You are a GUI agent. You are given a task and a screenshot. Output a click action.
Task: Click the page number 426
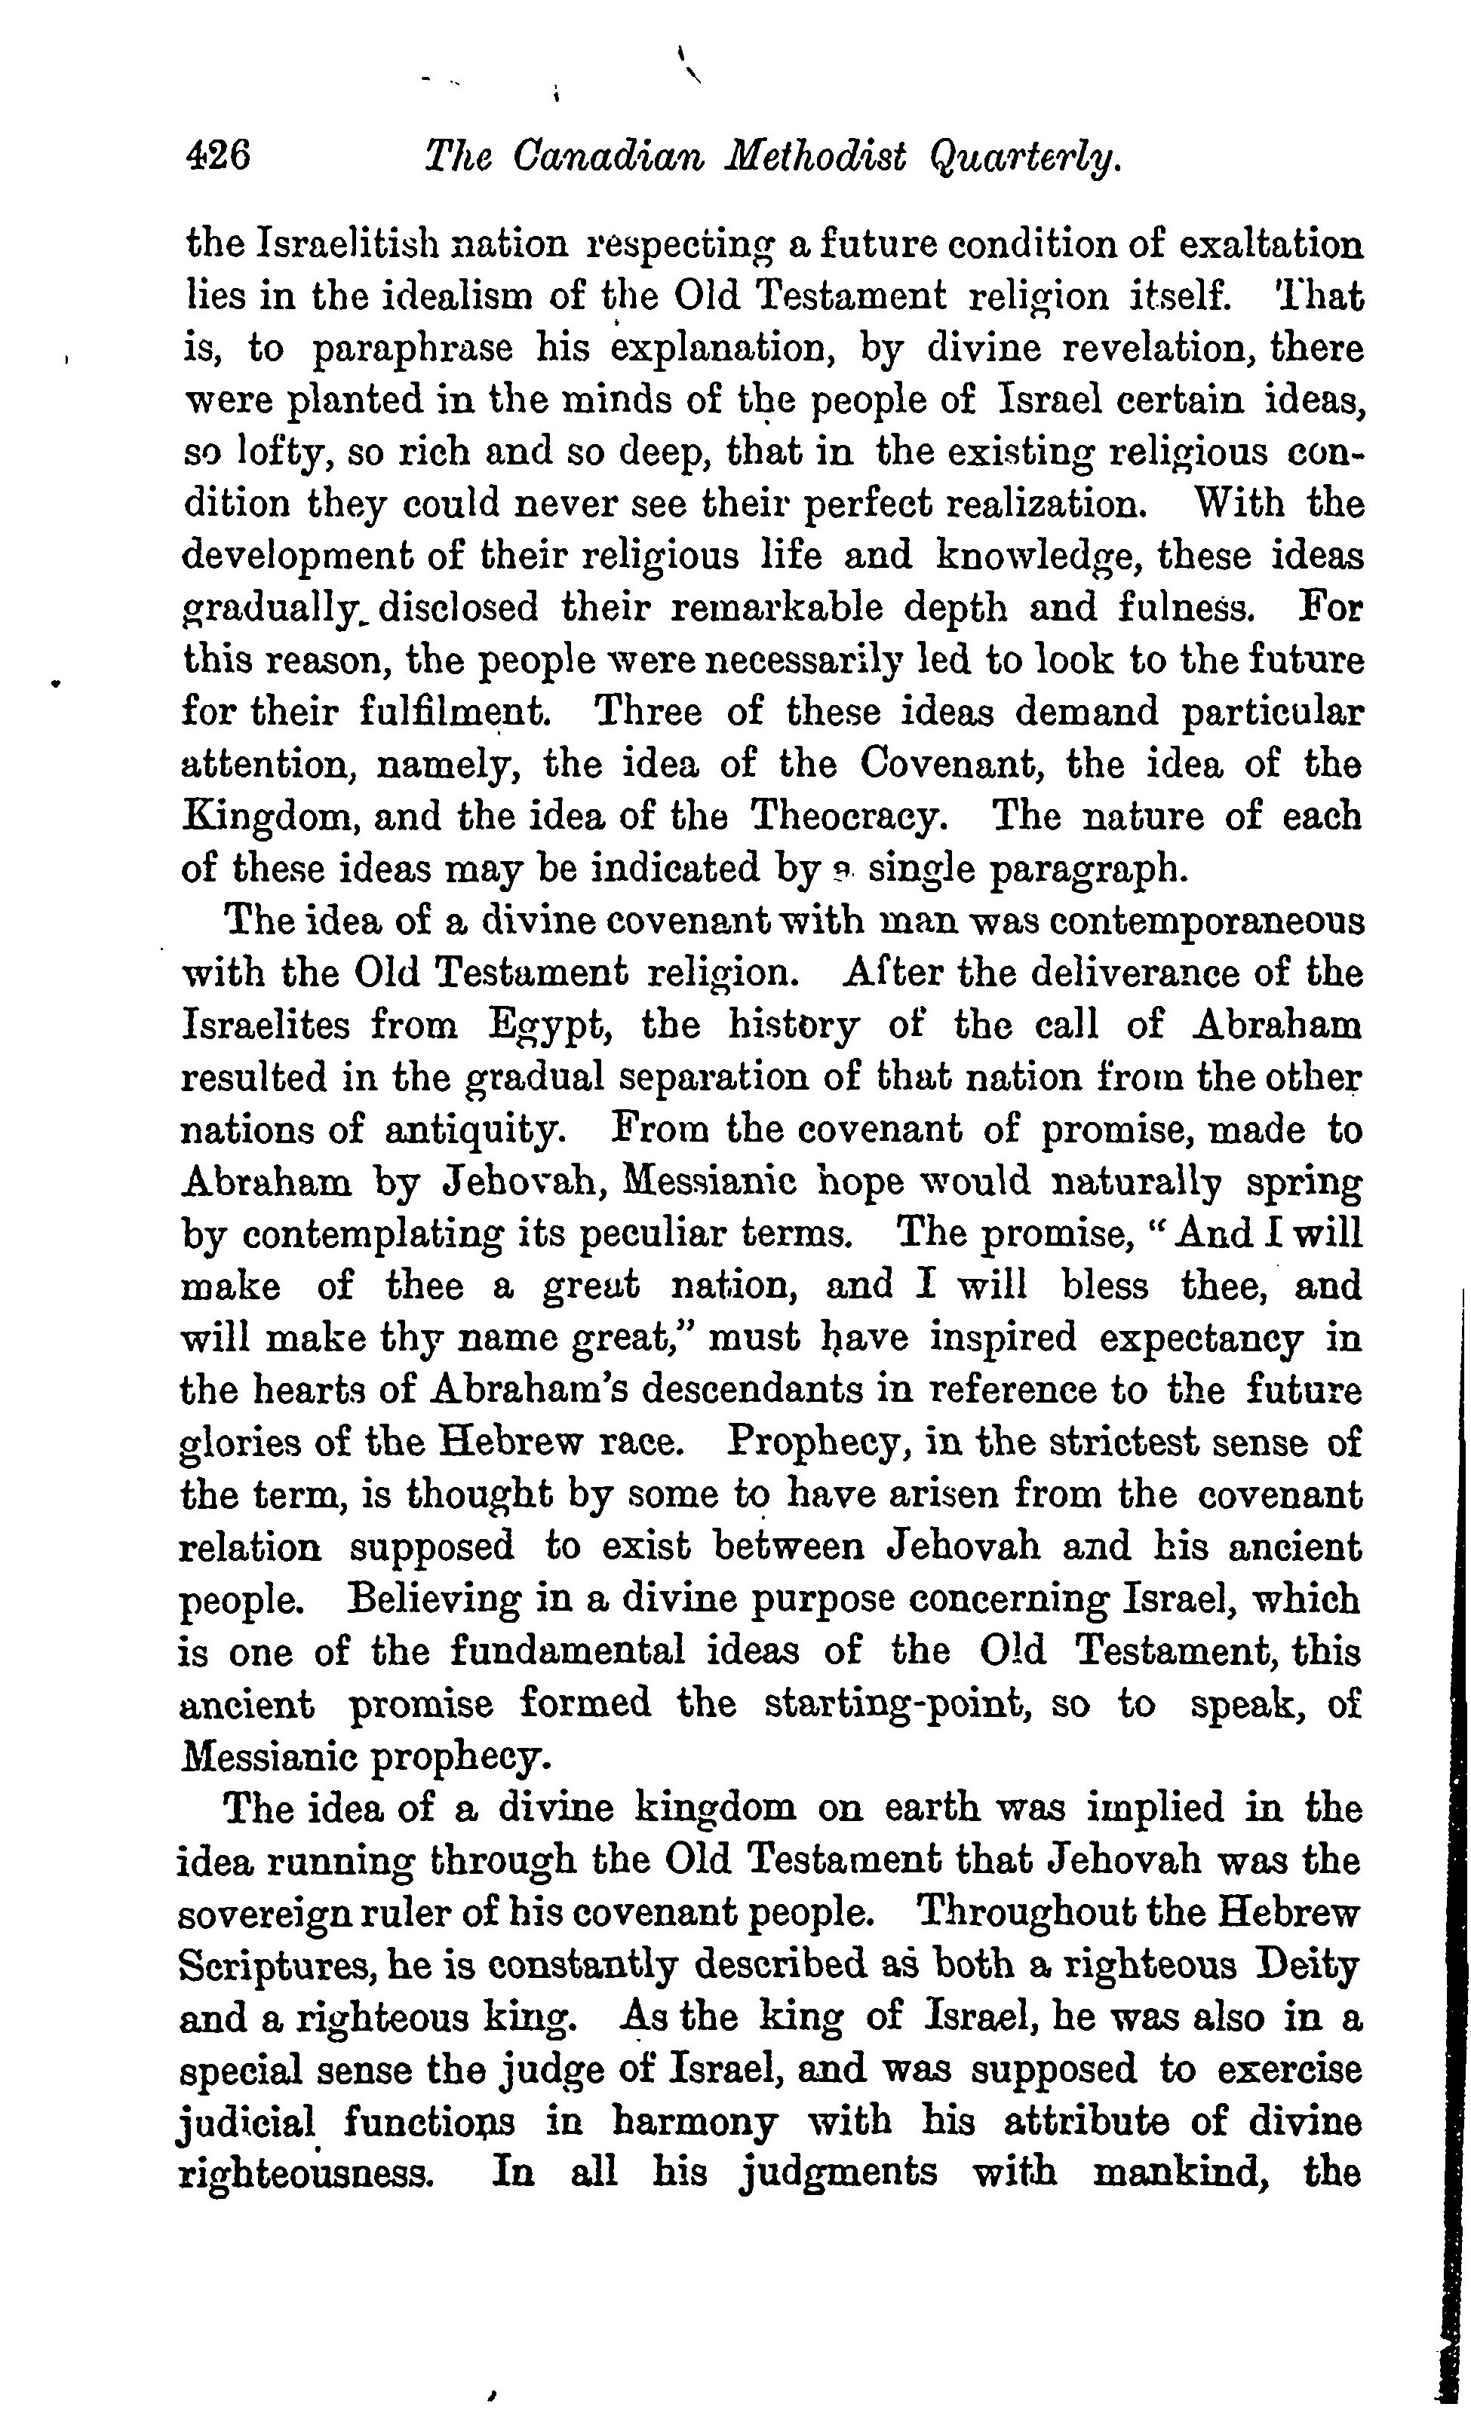point(217,155)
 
